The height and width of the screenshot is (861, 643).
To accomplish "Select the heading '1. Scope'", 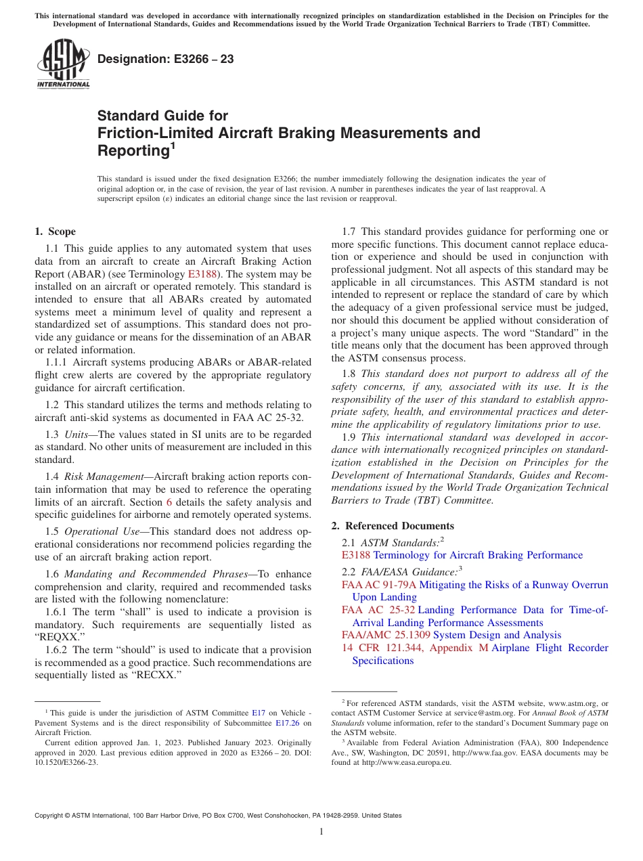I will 56,231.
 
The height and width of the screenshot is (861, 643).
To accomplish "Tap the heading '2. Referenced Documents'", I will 393,526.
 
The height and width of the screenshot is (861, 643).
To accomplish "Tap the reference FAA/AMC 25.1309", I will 386,635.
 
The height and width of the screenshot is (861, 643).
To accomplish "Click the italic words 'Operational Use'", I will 101,531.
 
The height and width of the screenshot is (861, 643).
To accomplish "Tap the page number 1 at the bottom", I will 321,832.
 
